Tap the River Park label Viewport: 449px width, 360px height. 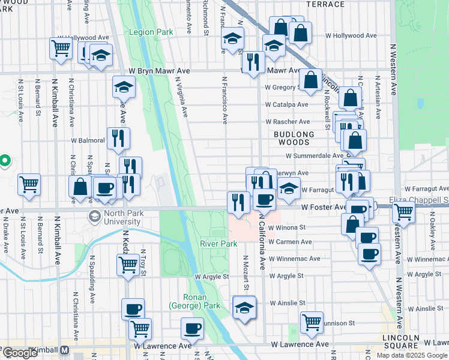pos(218,244)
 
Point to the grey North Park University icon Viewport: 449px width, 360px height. pos(94,216)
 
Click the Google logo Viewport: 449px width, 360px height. pos(19,353)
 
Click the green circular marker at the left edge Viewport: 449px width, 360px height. pos(4,161)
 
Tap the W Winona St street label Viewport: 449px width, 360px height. pos(287,228)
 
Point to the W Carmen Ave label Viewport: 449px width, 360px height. pos(291,242)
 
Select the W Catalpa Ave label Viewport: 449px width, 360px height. pos(287,104)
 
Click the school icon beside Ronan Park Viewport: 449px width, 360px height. pos(244,307)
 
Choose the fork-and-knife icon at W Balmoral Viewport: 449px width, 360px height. pos(118,139)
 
